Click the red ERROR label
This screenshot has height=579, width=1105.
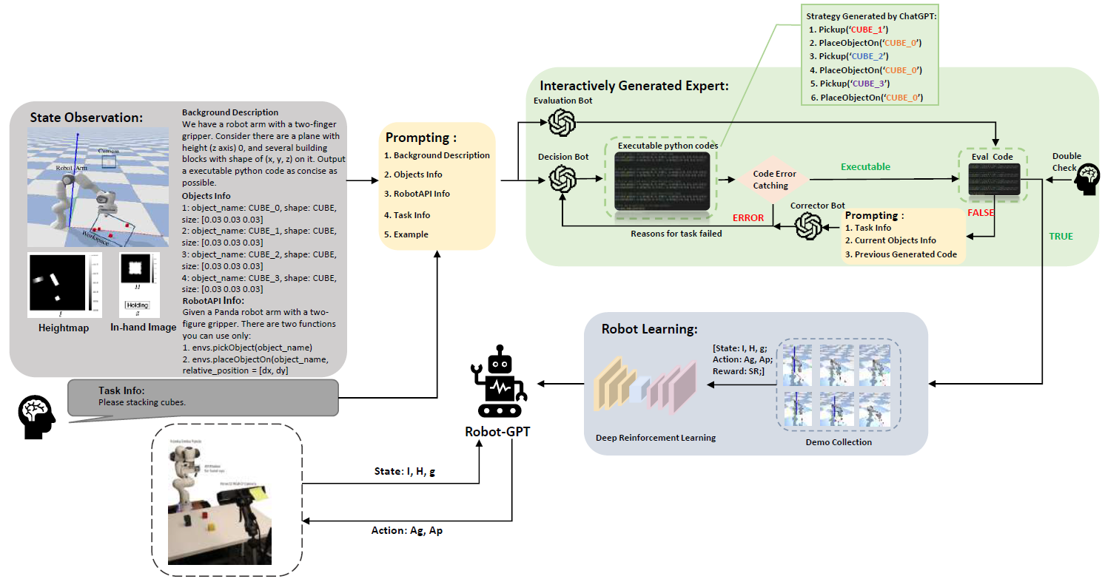pos(748,218)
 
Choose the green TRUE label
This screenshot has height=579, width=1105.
pos(1061,236)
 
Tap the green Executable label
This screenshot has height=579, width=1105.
pos(865,167)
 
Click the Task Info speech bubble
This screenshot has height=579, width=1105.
pos(202,397)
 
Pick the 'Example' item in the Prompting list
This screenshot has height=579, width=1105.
pos(406,234)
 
